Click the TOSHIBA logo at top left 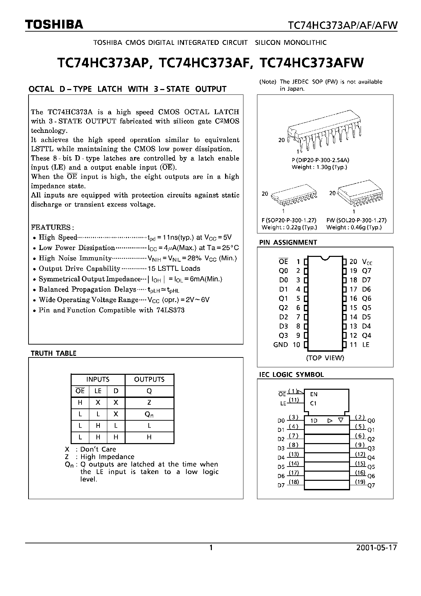[54, 24]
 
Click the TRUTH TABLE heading [53, 353]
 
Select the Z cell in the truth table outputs [149, 403]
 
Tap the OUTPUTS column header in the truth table [149, 380]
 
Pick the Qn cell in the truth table [149, 414]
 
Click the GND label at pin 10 [280, 345]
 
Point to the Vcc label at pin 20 [367, 262]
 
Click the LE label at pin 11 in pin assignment [366, 345]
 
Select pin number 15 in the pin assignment [353, 308]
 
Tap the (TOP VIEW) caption [325, 358]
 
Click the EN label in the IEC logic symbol [314, 394]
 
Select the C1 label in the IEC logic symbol [313, 403]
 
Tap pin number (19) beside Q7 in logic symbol [360, 481]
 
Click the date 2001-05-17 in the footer [377, 548]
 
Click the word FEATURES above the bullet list [51, 227]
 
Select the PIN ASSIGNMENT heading [288, 242]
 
